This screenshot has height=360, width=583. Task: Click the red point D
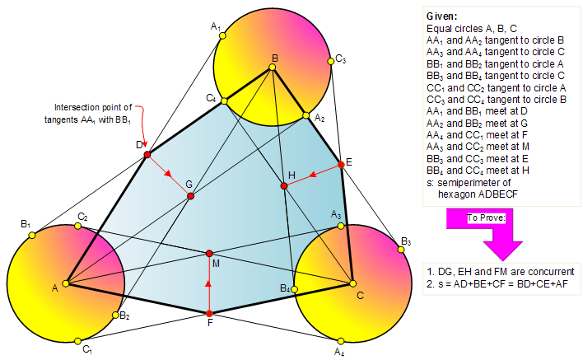coord(147,155)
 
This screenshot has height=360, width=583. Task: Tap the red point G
coord(190,196)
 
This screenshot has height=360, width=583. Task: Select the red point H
coord(284,186)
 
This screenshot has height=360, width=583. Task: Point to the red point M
coord(209,253)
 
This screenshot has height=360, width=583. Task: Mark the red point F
coord(209,314)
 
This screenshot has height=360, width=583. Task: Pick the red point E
coord(341,163)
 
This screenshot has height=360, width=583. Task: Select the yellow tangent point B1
coord(32,236)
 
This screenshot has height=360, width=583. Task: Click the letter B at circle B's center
coord(274,58)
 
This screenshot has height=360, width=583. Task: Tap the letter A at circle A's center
coord(55,288)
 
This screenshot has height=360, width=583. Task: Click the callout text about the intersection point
coord(93,113)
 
